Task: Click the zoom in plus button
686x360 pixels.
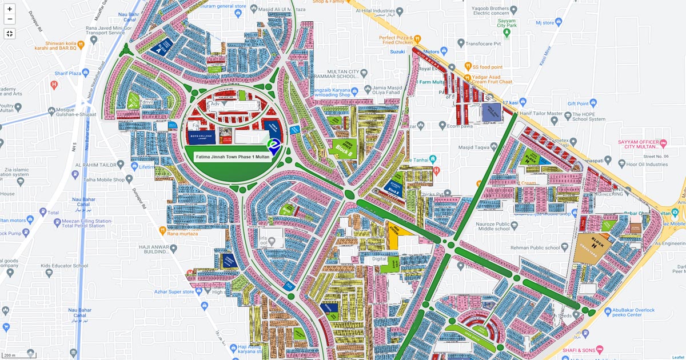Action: [x=10, y=9]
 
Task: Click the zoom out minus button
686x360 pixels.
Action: [x=10, y=19]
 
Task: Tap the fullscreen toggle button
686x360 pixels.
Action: [x=10, y=33]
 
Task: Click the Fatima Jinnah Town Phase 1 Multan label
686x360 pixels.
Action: [x=232, y=157]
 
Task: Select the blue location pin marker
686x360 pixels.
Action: [x=274, y=146]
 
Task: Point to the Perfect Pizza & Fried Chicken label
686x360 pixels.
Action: [x=396, y=39]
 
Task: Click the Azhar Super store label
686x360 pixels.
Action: [x=174, y=291]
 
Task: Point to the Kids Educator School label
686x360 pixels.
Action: [x=64, y=266]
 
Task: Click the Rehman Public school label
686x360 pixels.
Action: [x=536, y=247]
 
